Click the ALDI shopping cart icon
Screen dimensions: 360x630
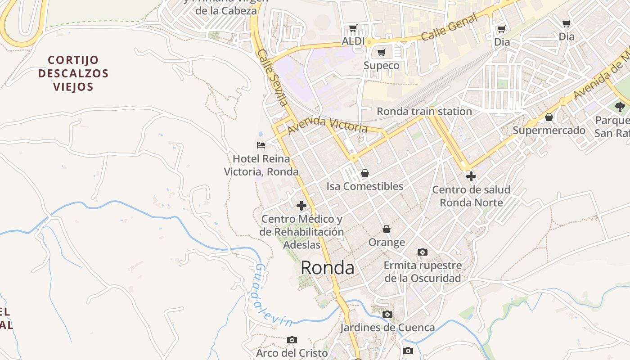[x=353, y=28]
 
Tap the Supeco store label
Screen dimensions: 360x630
[x=381, y=66]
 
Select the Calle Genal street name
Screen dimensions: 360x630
[x=449, y=27]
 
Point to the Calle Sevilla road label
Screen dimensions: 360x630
[x=273, y=77]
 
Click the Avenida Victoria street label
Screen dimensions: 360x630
[x=328, y=125]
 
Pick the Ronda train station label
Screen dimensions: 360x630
[x=424, y=111]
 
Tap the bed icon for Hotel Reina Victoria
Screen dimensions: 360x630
[x=261, y=145]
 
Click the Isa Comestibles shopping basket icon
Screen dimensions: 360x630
[x=365, y=173]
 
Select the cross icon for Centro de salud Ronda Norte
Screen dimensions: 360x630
[x=471, y=176]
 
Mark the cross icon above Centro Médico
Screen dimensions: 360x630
[x=301, y=206]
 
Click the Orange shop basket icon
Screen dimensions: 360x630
[x=387, y=229]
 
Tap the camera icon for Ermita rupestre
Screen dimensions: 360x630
[x=423, y=252]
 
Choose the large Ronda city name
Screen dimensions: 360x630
[x=327, y=268]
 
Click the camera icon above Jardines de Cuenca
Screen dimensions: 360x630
[x=387, y=314]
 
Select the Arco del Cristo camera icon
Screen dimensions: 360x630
[x=292, y=340]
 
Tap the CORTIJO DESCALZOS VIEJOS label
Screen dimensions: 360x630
[x=73, y=73]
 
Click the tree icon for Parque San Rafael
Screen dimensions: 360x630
[x=620, y=107]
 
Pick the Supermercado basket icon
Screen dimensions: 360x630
[x=549, y=117]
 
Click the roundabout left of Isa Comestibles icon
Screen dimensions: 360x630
[x=354, y=158]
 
